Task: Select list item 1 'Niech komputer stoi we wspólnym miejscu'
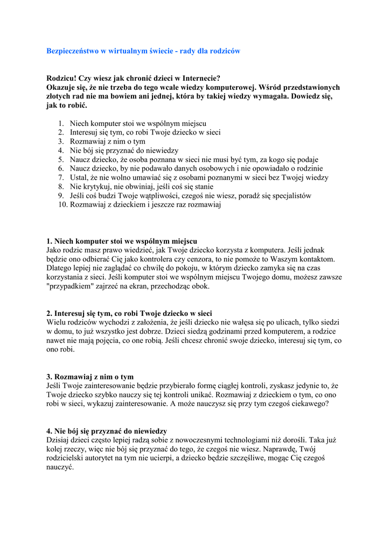138,123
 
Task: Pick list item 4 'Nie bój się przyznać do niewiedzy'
124,151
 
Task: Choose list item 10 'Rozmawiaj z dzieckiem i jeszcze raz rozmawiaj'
145,205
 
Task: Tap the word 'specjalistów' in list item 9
289,196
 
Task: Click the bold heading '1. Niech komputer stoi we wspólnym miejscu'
122,241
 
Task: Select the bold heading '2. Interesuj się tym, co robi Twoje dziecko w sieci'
129,313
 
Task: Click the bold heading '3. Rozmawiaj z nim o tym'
90,377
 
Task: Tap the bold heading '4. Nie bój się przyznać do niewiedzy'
107,431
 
